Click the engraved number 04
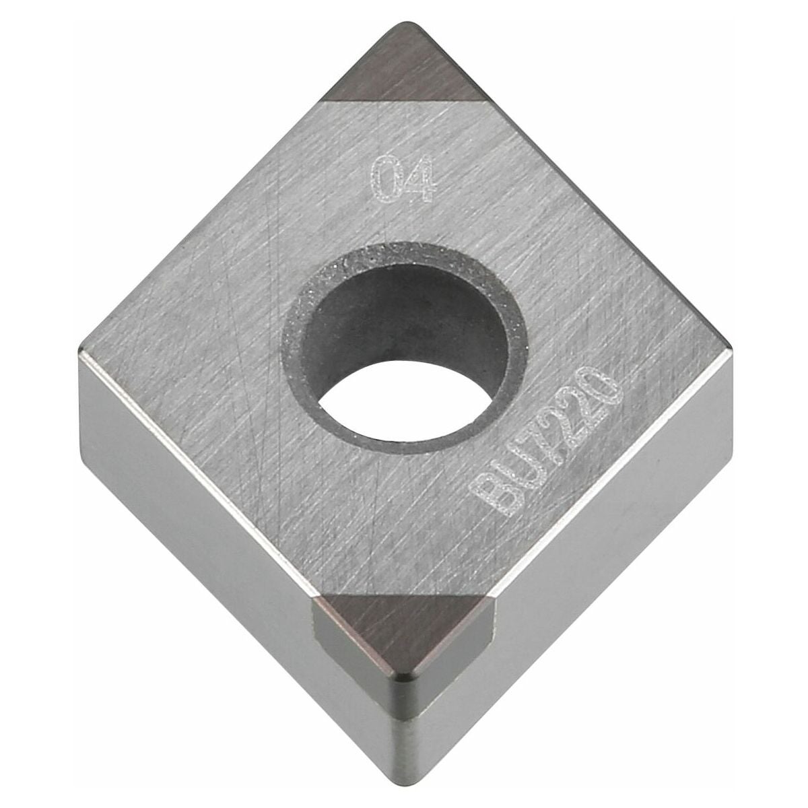coord(402,179)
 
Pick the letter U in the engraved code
coord(511,475)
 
